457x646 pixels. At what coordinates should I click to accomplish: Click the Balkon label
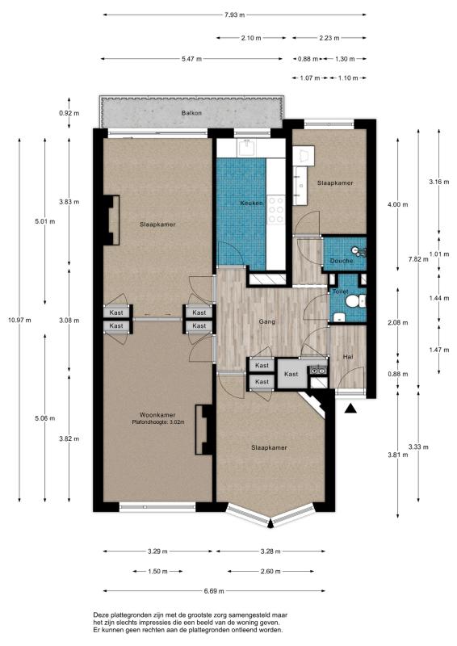[x=191, y=112]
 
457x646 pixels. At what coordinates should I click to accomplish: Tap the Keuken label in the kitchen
[x=251, y=203]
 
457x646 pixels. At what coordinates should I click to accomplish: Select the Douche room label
[x=342, y=260]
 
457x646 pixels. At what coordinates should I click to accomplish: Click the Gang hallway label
[x=267, y=321]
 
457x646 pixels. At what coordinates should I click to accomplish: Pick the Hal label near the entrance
[x=348, y=357]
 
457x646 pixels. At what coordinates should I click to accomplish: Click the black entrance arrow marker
[x=350, y=408]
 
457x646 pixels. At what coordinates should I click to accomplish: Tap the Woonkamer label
[x=157, y=415]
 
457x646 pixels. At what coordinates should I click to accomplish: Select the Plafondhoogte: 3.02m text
[x=157, y=422]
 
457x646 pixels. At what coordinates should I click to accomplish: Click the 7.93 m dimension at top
[x=234, y=15]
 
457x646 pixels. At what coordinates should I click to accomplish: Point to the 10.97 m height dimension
[x=19, y=320]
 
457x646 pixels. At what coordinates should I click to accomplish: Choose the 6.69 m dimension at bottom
[x=214, y=591]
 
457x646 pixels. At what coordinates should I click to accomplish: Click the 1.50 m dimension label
[x=157, y=571]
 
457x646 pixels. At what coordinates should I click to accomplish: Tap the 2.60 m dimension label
[x=270, y=571]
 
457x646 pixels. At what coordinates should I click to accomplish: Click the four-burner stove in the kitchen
[x=276, y=210]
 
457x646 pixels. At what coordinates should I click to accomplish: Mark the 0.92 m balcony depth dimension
[x=69, y=112]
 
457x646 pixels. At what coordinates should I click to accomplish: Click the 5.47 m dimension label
[x=191, y=59]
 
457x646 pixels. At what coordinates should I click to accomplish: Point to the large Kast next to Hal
[x=291, y=374]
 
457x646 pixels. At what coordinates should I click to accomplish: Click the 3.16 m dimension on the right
[x=439, y=181]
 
